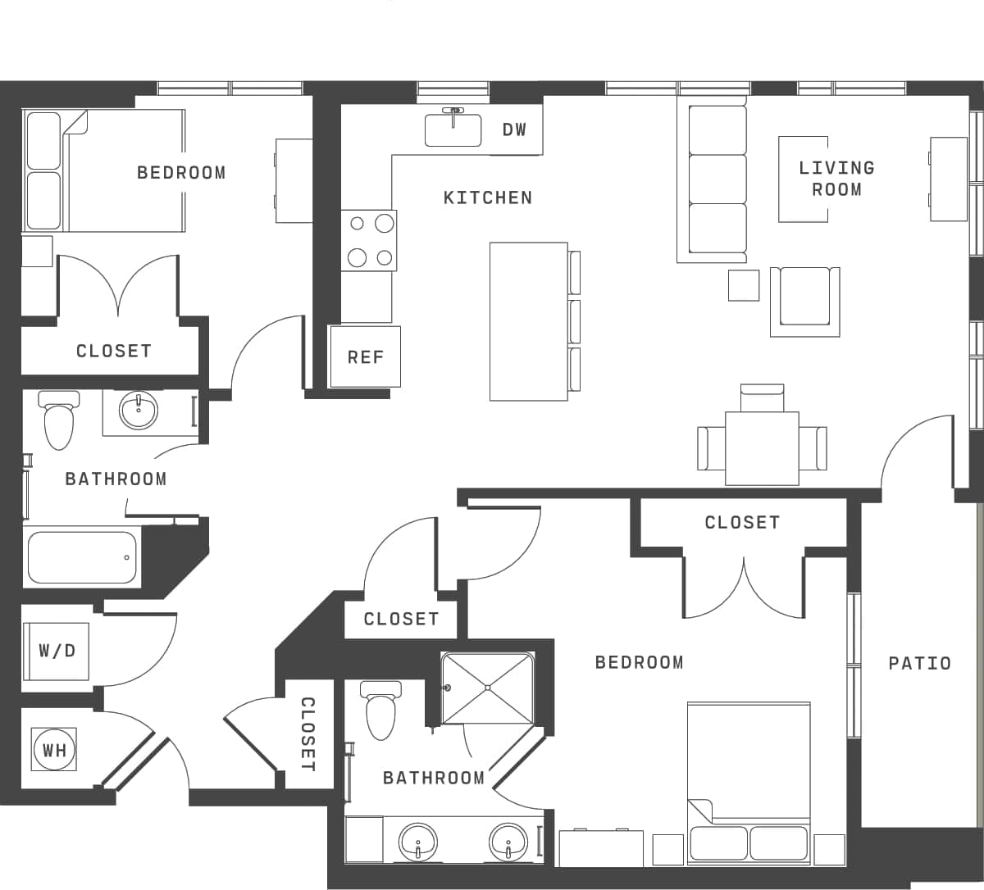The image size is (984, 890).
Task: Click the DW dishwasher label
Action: tap(514, 129)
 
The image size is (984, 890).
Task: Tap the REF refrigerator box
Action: tap(365, 356)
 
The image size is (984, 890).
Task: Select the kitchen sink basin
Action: tap(453, 130)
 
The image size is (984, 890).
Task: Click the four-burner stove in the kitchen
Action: tap(369, 240)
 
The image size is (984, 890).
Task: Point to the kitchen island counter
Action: tap(529, 321)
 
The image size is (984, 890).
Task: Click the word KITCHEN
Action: tap(487, 198)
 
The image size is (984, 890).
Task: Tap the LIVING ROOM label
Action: tap(836, 179)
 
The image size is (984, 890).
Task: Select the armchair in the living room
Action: tap(804, 301)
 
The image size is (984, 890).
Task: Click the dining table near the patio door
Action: tap(762, 447)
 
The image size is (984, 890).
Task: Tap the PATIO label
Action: tap(919, 663)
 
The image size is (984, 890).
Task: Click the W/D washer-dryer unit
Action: tap(57, 651)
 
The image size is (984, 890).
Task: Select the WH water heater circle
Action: tap(54, 749)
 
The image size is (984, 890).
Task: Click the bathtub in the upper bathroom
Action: tap(81, 557)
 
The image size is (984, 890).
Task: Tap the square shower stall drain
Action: tap(488, 688)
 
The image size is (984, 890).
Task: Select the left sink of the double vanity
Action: tap(418, 842)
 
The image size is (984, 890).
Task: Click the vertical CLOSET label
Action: tap(307, 733)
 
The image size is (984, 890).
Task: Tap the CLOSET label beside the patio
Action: tap(741, 522)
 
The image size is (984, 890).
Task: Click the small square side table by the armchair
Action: tap(744, 285)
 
